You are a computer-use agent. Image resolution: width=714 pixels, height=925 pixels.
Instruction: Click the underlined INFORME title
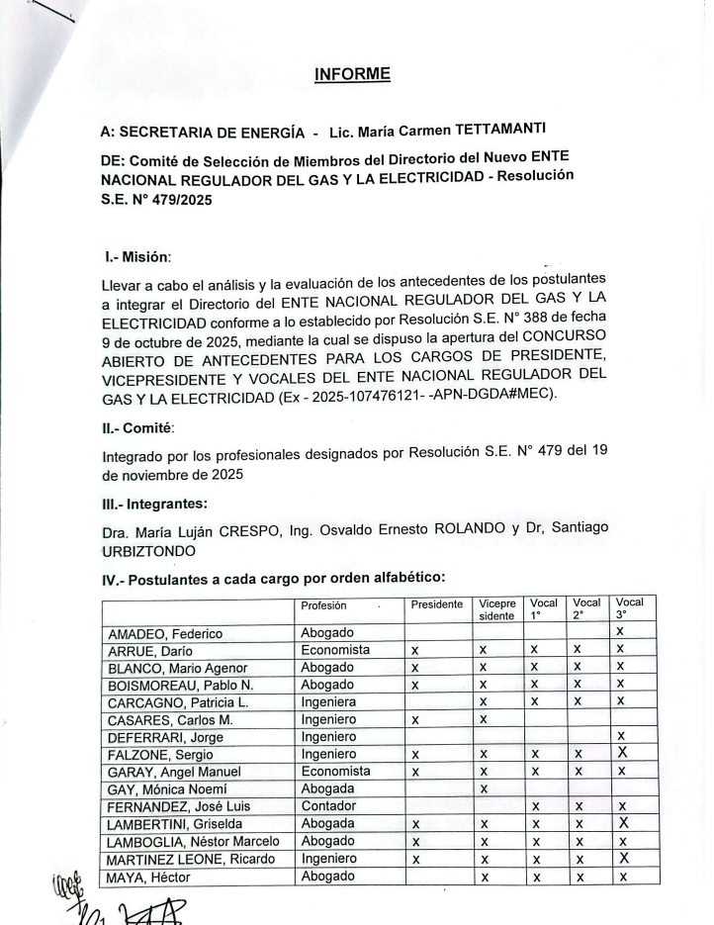[x=352, y=73]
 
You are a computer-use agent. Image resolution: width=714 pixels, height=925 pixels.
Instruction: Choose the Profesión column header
[x=325, y=604]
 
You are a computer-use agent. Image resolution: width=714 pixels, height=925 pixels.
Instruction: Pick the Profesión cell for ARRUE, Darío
[x=336, y=650]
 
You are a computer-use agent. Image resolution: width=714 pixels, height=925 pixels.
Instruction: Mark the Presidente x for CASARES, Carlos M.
[x=416, y=721]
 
